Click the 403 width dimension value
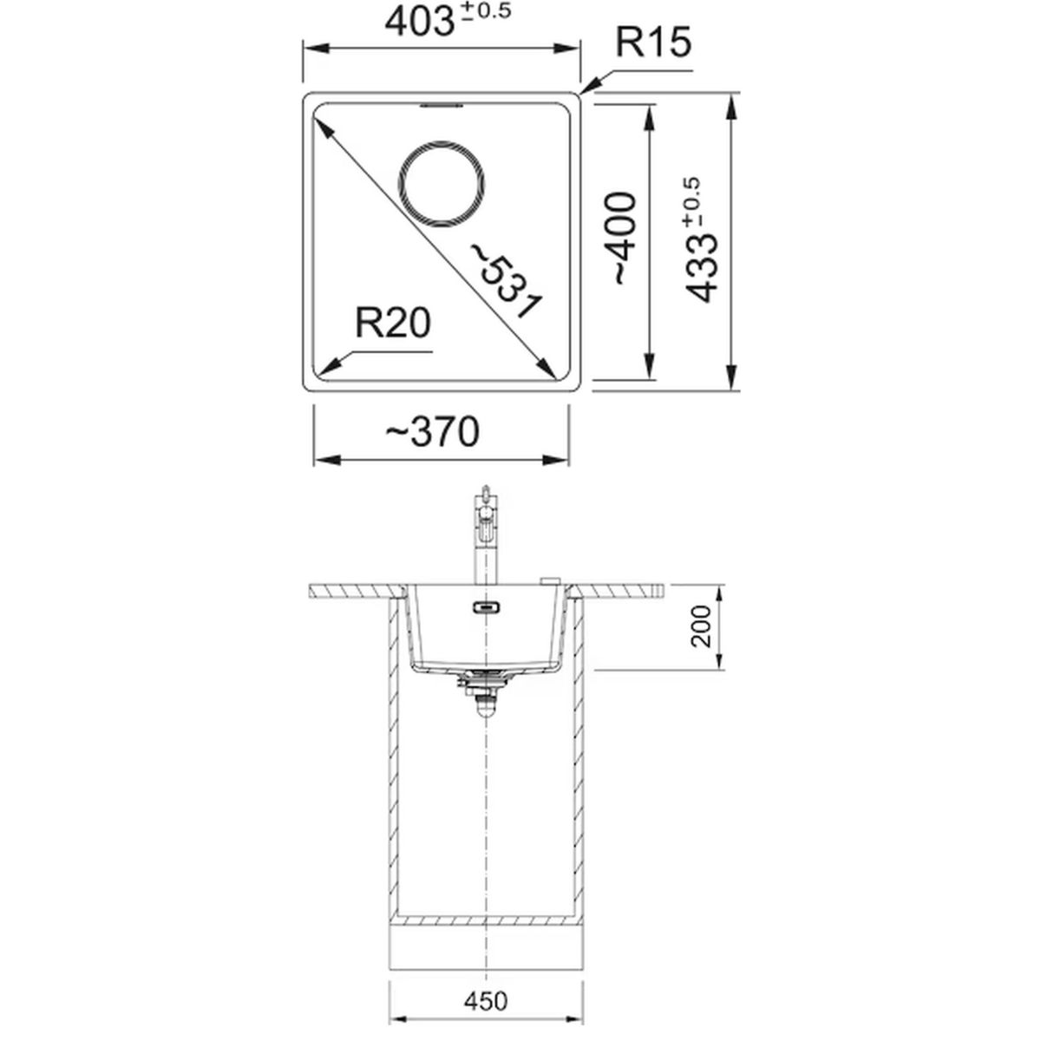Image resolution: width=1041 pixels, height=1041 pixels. (x=419, y=23)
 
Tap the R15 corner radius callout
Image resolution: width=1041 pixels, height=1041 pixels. (x=652, y=43)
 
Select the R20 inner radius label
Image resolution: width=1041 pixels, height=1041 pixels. (x=393, y=323)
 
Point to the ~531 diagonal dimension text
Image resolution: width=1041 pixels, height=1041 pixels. (x=506, y=281)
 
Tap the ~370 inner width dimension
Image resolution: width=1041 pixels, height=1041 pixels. (x=432, y=432)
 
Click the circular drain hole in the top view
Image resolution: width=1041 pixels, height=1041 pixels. (x=442, y=185)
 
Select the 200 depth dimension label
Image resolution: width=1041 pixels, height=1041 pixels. (x=702, y=626)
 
